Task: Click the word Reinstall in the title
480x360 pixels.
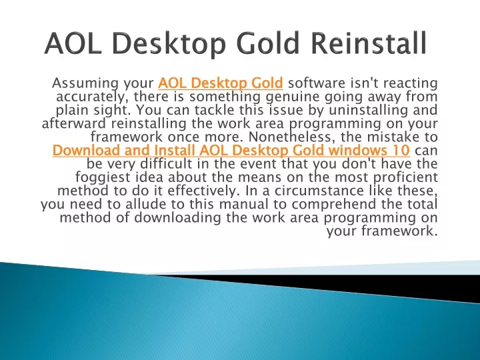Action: (x=369, y=43)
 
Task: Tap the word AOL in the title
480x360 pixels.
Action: (x=73, y=43)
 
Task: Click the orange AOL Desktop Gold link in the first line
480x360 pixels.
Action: (x=221, y=83)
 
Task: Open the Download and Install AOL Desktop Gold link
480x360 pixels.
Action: (x=231, y=150)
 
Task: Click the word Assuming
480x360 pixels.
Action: (x=85, y=83)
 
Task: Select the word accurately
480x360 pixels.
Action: (x=91, y=97)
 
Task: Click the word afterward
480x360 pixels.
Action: (x=74, y=123)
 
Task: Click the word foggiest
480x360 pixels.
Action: (x=103, y=177)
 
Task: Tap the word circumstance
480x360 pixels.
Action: (x=319, y=191)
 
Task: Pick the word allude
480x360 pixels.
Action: (x=144, y=204)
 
